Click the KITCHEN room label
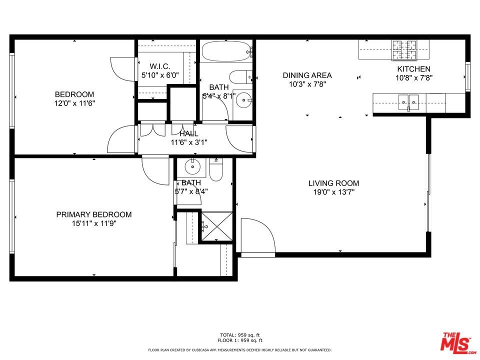point(413,69)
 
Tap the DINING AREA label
point(307,75)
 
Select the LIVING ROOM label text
point(333,183)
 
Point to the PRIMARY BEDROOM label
point(94,214)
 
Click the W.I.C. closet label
point(160,66)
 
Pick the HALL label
point(189,134)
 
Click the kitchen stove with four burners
point(404,50)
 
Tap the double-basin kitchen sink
point(408,102)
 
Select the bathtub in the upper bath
point(226,51)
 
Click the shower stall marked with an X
point(216,227)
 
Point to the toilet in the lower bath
point(216,169)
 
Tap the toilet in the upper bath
point(241,77)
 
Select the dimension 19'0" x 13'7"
point(333,192)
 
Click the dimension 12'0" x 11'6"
point(74,103)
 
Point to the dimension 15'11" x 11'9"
point(94,223)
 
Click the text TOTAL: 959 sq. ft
point(240,335)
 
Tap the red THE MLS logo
point(458,342)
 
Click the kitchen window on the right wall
point(468,76)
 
